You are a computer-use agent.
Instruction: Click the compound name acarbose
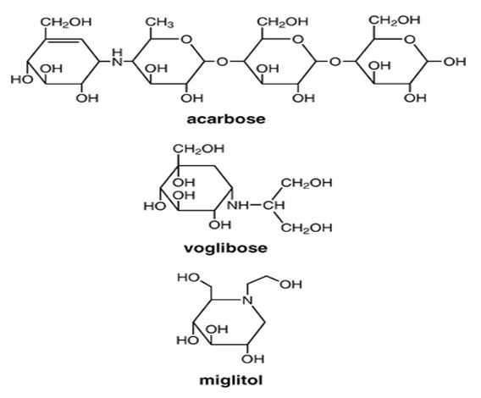point(226,119)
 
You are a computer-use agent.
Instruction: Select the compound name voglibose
point(226,248)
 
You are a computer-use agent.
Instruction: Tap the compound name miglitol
point(231,380)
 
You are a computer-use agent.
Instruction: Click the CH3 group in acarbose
point(159,23)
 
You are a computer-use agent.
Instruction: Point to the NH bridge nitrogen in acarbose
point(117,58)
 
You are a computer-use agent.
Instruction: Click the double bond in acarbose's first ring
point(64,40)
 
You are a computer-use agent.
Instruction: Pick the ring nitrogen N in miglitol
point(247,300)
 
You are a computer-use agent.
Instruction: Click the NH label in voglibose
point(238,205)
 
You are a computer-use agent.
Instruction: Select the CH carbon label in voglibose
point(274,205)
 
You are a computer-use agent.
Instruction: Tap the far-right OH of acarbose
point(455,62)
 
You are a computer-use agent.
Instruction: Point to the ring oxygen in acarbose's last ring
point(410,40)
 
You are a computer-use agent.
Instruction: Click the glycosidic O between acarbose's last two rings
point(335,62)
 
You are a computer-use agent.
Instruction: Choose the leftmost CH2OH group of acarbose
point(66,22)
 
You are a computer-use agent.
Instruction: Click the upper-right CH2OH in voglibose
point(307,183)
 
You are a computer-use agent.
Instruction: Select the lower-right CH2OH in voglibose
point(307,228)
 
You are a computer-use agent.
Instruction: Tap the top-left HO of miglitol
point(189,278)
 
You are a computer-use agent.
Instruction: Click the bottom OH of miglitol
point(252,359)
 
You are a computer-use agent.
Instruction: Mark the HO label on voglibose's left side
point(155,207)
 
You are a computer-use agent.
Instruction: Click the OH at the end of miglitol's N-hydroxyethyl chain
point(290,285)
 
